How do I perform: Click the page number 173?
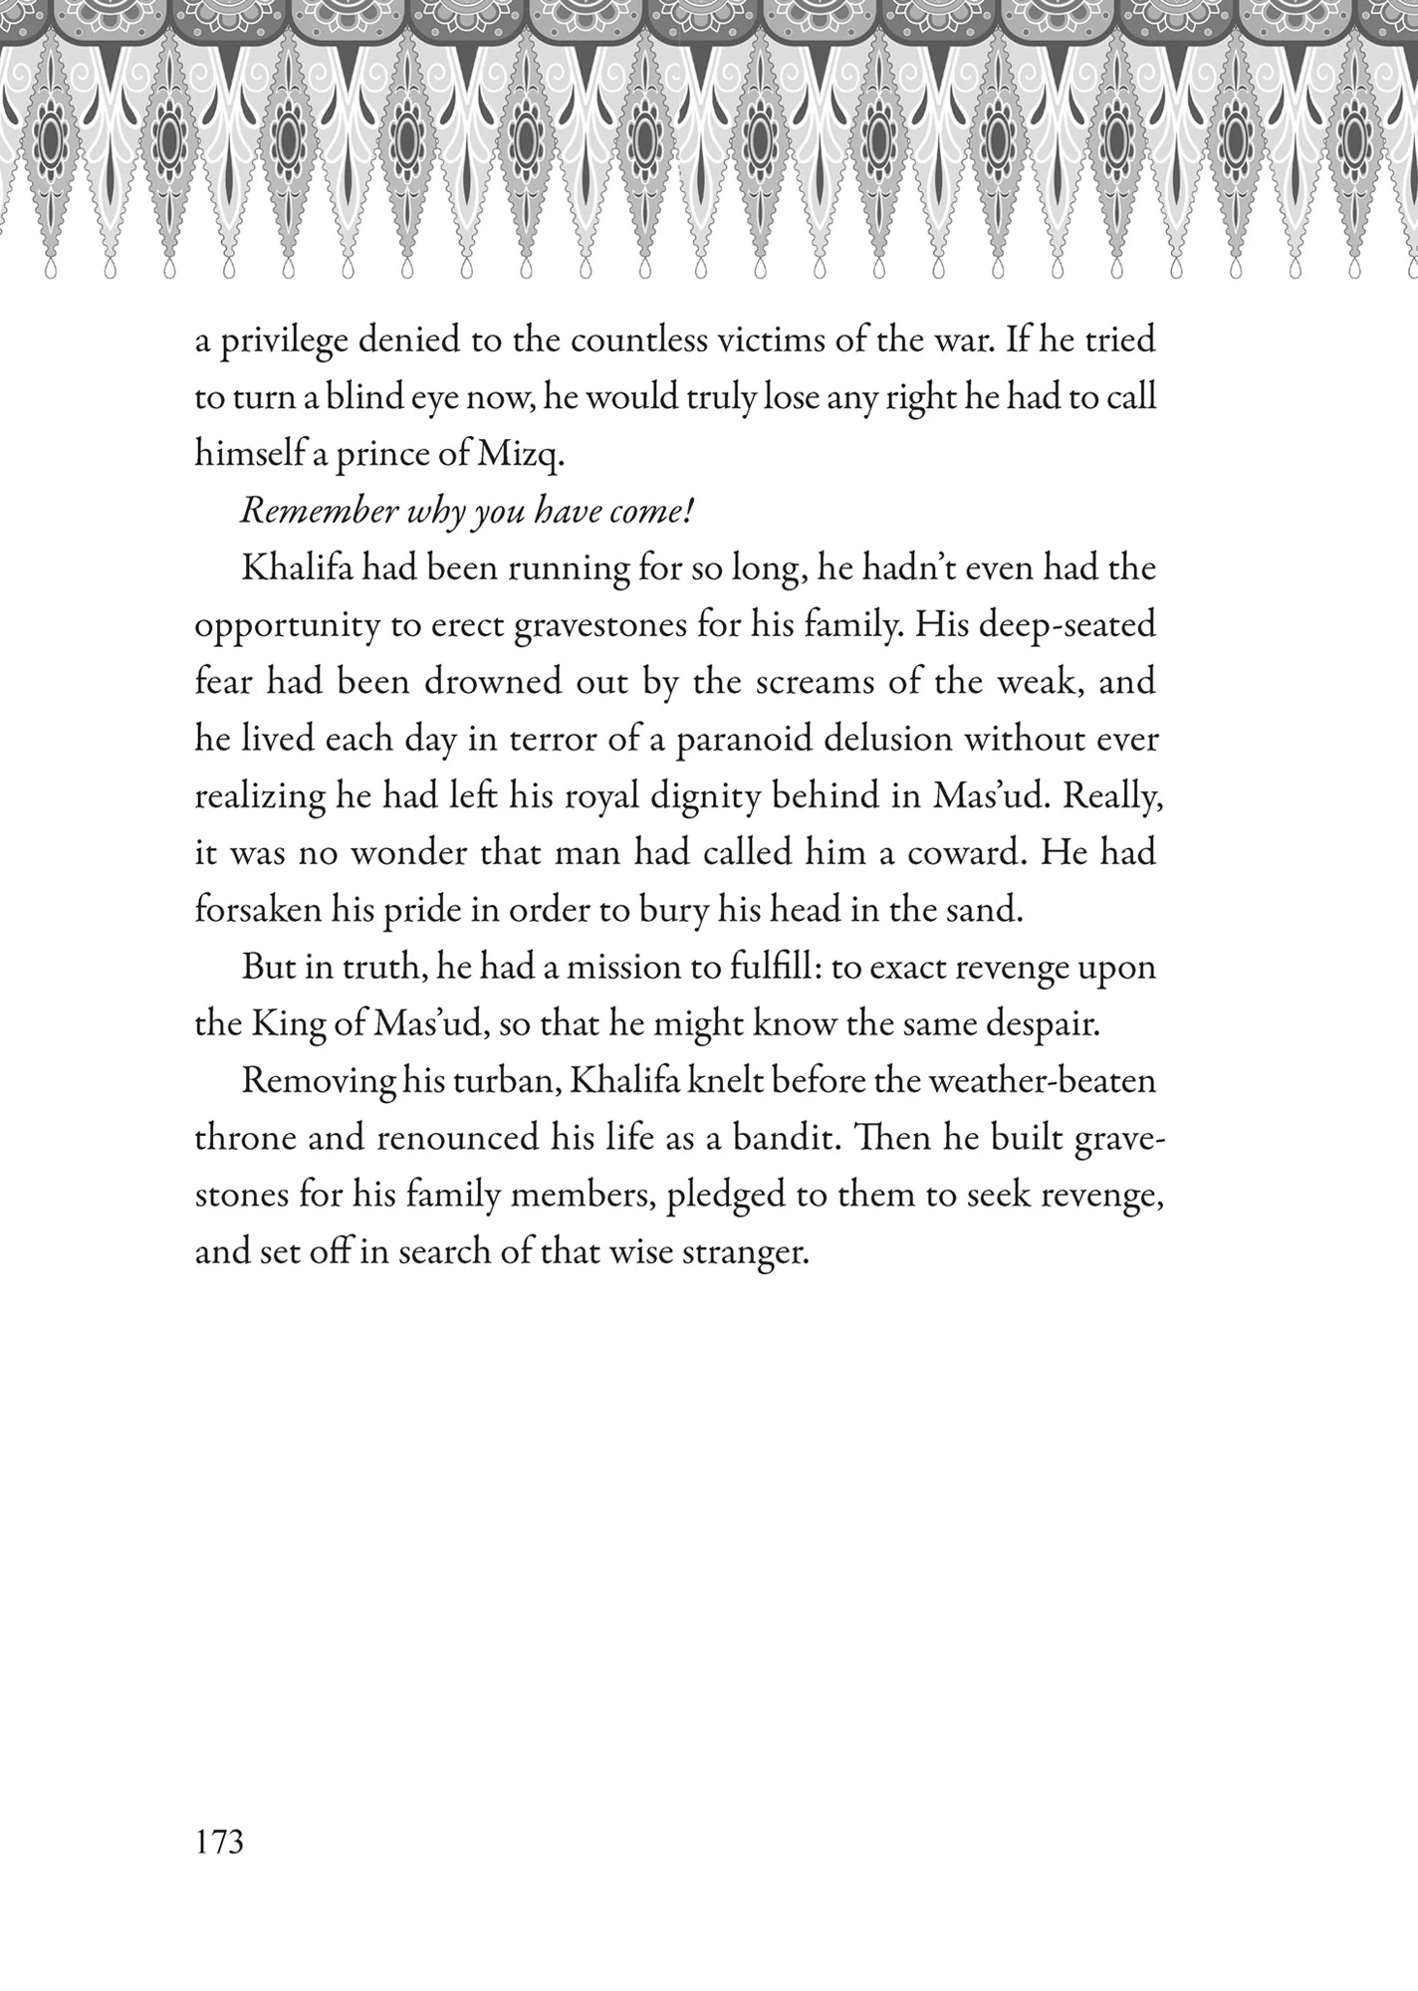219,1843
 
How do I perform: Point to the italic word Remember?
315,512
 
